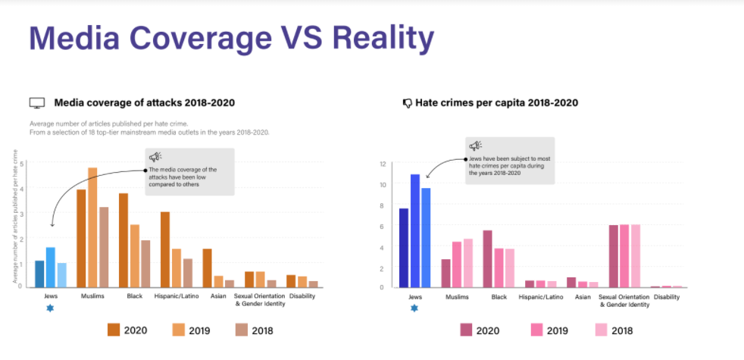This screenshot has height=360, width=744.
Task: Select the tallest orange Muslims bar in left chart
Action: point(92,227)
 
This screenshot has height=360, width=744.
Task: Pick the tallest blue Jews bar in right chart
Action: point(415,231)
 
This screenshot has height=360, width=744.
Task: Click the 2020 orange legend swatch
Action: point(114,330)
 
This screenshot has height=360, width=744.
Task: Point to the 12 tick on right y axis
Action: point(383,164)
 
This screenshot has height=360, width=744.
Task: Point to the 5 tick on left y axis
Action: point(22,164)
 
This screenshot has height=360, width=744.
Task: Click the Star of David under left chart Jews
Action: point(50,308)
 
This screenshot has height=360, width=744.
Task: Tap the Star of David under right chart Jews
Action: point(414,308)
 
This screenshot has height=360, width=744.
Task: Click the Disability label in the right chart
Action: point(666,297)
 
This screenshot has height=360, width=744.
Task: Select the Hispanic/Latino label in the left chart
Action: point(176,296)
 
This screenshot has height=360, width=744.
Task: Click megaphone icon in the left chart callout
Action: point(155,157)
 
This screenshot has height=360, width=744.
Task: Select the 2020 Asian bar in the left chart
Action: point(207,268)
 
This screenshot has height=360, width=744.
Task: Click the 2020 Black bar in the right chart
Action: point(488,258)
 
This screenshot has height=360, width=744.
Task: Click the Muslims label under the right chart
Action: point(457,297)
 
